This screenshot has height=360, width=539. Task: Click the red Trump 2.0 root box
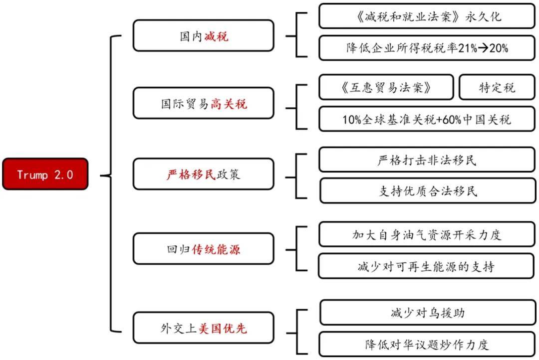(45, 175)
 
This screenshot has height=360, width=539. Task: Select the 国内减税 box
(204, 36)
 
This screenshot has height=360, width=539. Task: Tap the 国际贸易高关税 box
(204, 104)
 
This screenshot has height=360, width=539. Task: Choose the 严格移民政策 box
(204, 175)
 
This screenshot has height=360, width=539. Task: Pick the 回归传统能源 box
(204, 249)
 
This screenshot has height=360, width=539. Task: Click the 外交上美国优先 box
(204, 328)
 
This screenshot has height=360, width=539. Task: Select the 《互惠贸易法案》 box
(386, 88)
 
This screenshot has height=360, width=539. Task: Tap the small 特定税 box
(497, 88)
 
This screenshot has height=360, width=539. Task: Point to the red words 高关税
(229, 104)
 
